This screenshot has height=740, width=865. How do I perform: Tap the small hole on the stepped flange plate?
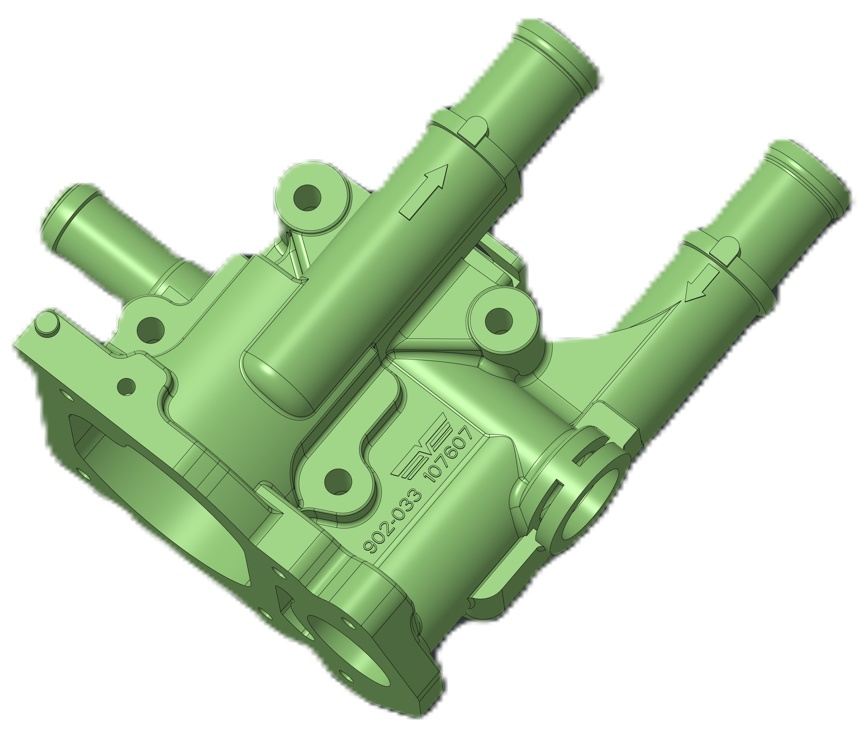coord(126,387)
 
